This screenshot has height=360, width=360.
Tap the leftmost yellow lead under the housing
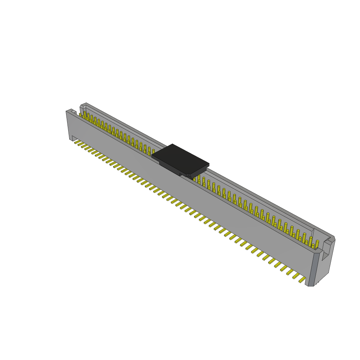click(x=77, y=142)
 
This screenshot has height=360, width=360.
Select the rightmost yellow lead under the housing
click(x=302, y=280)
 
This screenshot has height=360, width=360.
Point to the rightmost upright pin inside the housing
click(x=317, y=244)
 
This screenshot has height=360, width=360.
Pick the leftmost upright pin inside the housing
click(x=81, y=115)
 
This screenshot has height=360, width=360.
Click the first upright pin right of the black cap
click(x=194, y=179)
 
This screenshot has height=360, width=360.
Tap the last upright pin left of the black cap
click(x=153, y=151)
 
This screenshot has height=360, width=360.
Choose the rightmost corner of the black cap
click(x=208, y=164)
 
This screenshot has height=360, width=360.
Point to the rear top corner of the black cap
click(x=173, y=144)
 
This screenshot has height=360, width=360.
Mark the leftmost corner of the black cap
click(x=152, y=155)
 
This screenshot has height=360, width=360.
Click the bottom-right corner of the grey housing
click(x=311, y=285)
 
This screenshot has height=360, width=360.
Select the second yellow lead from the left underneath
click(x=81, y=144)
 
